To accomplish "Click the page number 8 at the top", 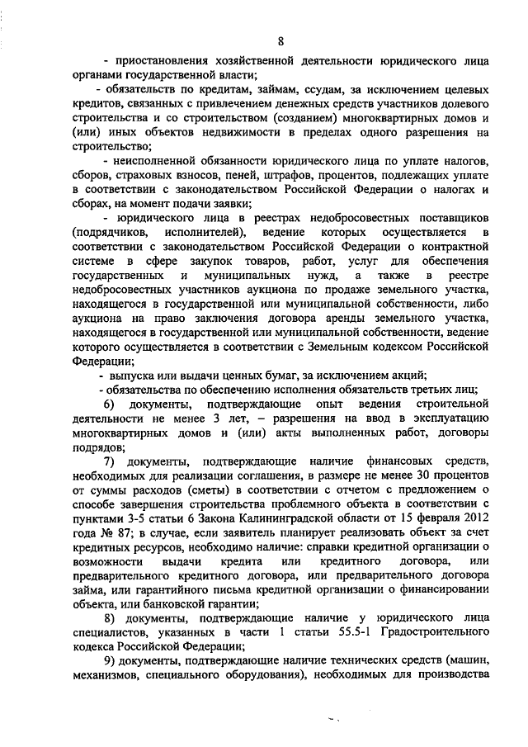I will point(280,41).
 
